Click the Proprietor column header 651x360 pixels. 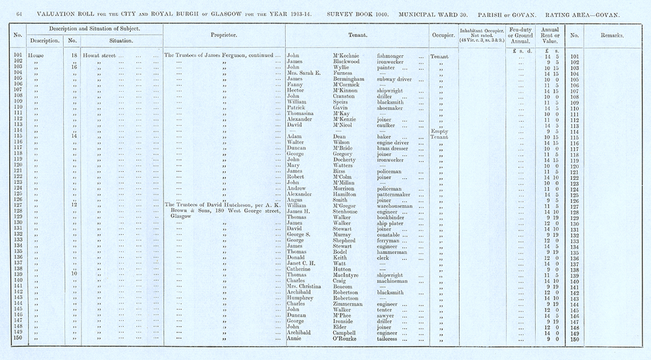click(223, 35)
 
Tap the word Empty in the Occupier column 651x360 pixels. click(441, 132)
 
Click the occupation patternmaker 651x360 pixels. click(397, 194)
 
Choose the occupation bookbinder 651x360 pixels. click(395, 217)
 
